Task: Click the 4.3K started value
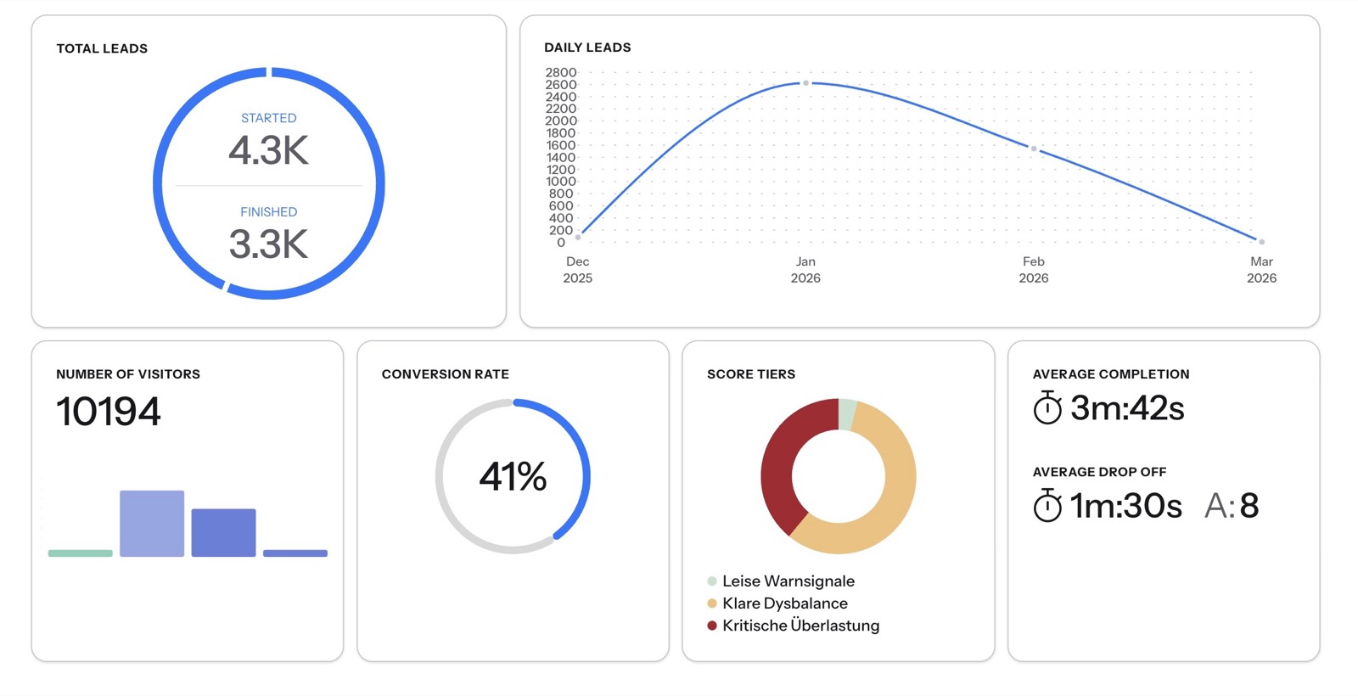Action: coord(268,150)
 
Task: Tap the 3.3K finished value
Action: coord(268,244)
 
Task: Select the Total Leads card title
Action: coord(102,48)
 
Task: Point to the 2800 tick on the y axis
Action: coord(561,73)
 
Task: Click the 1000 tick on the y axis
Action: coord(561,182)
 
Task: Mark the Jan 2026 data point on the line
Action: coord(805,83)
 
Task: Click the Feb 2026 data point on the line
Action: coord(1034,149)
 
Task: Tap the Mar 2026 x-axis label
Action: coord(1261,270)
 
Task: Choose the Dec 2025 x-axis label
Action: coord(578,270)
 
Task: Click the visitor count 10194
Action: coord(109,412)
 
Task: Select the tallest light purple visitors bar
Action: coord(152,523)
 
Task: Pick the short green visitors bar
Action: coord(81,553)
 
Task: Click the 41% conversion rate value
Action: coord(513,476)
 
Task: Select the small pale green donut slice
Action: coord(846,414)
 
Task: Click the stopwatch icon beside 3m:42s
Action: coord(1047,407)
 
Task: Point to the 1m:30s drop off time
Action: coord(1125,506)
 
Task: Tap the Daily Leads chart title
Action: coord(587,48)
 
